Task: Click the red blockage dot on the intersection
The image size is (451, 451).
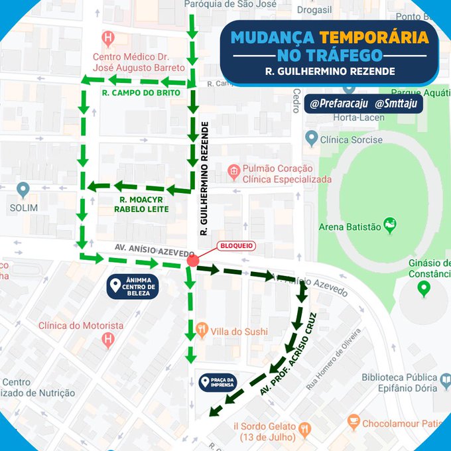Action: pyautogui.click(x=192, y=261)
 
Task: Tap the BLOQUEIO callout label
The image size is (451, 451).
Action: pyautogui.click(x=236, y=245)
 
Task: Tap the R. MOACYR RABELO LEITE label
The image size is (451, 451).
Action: pyautogui.click(x=144, y=204)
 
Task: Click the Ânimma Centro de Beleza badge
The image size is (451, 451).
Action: pyautogui.click(x=133, y=287)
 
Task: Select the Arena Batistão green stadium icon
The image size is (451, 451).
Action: pyautogui.click(x=390, y=225)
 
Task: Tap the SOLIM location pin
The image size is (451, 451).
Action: pyautogui.click(x=23, y=190)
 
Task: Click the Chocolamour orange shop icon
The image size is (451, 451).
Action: pyautogui.click(x=354, y=422)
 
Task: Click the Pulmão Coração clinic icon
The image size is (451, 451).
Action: pyautogui.click(x=233, y=172)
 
